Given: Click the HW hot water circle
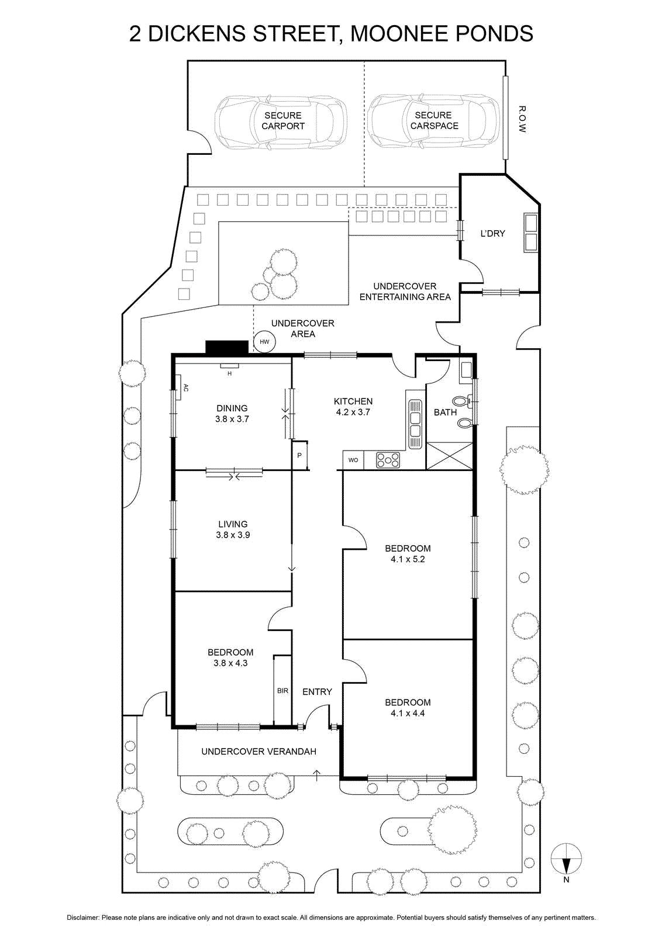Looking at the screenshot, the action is (264, 341).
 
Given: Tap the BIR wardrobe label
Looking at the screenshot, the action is (283, 691).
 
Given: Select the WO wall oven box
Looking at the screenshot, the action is (353, 460).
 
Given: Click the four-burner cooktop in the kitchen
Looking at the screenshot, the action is (388, 460).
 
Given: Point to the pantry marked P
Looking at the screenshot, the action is (299, 455).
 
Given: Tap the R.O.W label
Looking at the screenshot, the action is (522, 119).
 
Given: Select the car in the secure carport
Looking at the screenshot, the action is (281, 121).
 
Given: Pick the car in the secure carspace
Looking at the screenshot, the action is (433, 121).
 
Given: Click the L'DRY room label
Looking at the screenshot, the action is (492, 234).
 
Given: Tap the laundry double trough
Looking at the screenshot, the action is (530, 233).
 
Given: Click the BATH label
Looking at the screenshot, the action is (445, 413).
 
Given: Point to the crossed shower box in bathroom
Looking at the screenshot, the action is (449, 456).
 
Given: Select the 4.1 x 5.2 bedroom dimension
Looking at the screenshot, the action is (408, 559).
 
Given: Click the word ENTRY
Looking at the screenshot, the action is (317, 692).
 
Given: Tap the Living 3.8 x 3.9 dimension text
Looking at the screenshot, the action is (233, 535).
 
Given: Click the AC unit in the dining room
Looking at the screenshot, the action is (178, 387).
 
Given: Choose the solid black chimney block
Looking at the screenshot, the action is (227, 347).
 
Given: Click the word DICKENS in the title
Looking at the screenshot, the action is (196, 34).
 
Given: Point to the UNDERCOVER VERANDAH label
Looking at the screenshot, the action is (258, 752).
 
